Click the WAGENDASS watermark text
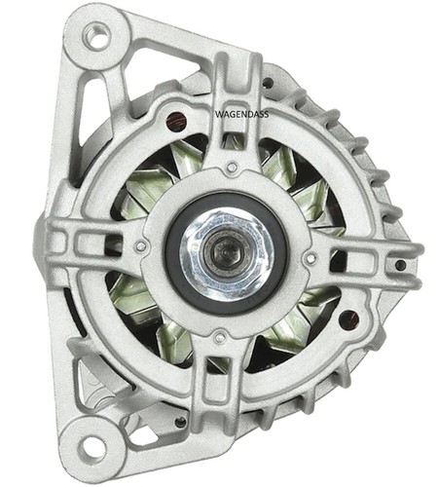(x=242, y=114)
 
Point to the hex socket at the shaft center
(x=226, y=252)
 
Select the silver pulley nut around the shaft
(x=227, y=254)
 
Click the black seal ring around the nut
(x=227, y=255)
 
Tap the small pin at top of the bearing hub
(x=231, y=168)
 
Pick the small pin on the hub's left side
(x=140, y=246)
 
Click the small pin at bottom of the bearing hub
(x=220, y=338)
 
